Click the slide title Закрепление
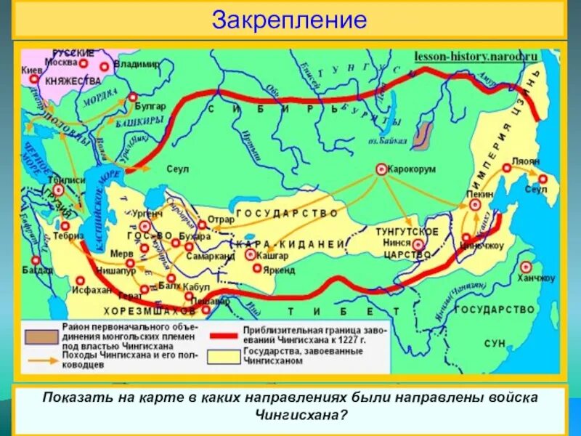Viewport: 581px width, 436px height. point(289,20)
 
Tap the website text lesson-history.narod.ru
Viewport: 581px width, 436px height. point(476,56)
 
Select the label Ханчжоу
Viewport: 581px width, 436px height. point(537,278)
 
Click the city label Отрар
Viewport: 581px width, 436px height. point(221,219)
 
